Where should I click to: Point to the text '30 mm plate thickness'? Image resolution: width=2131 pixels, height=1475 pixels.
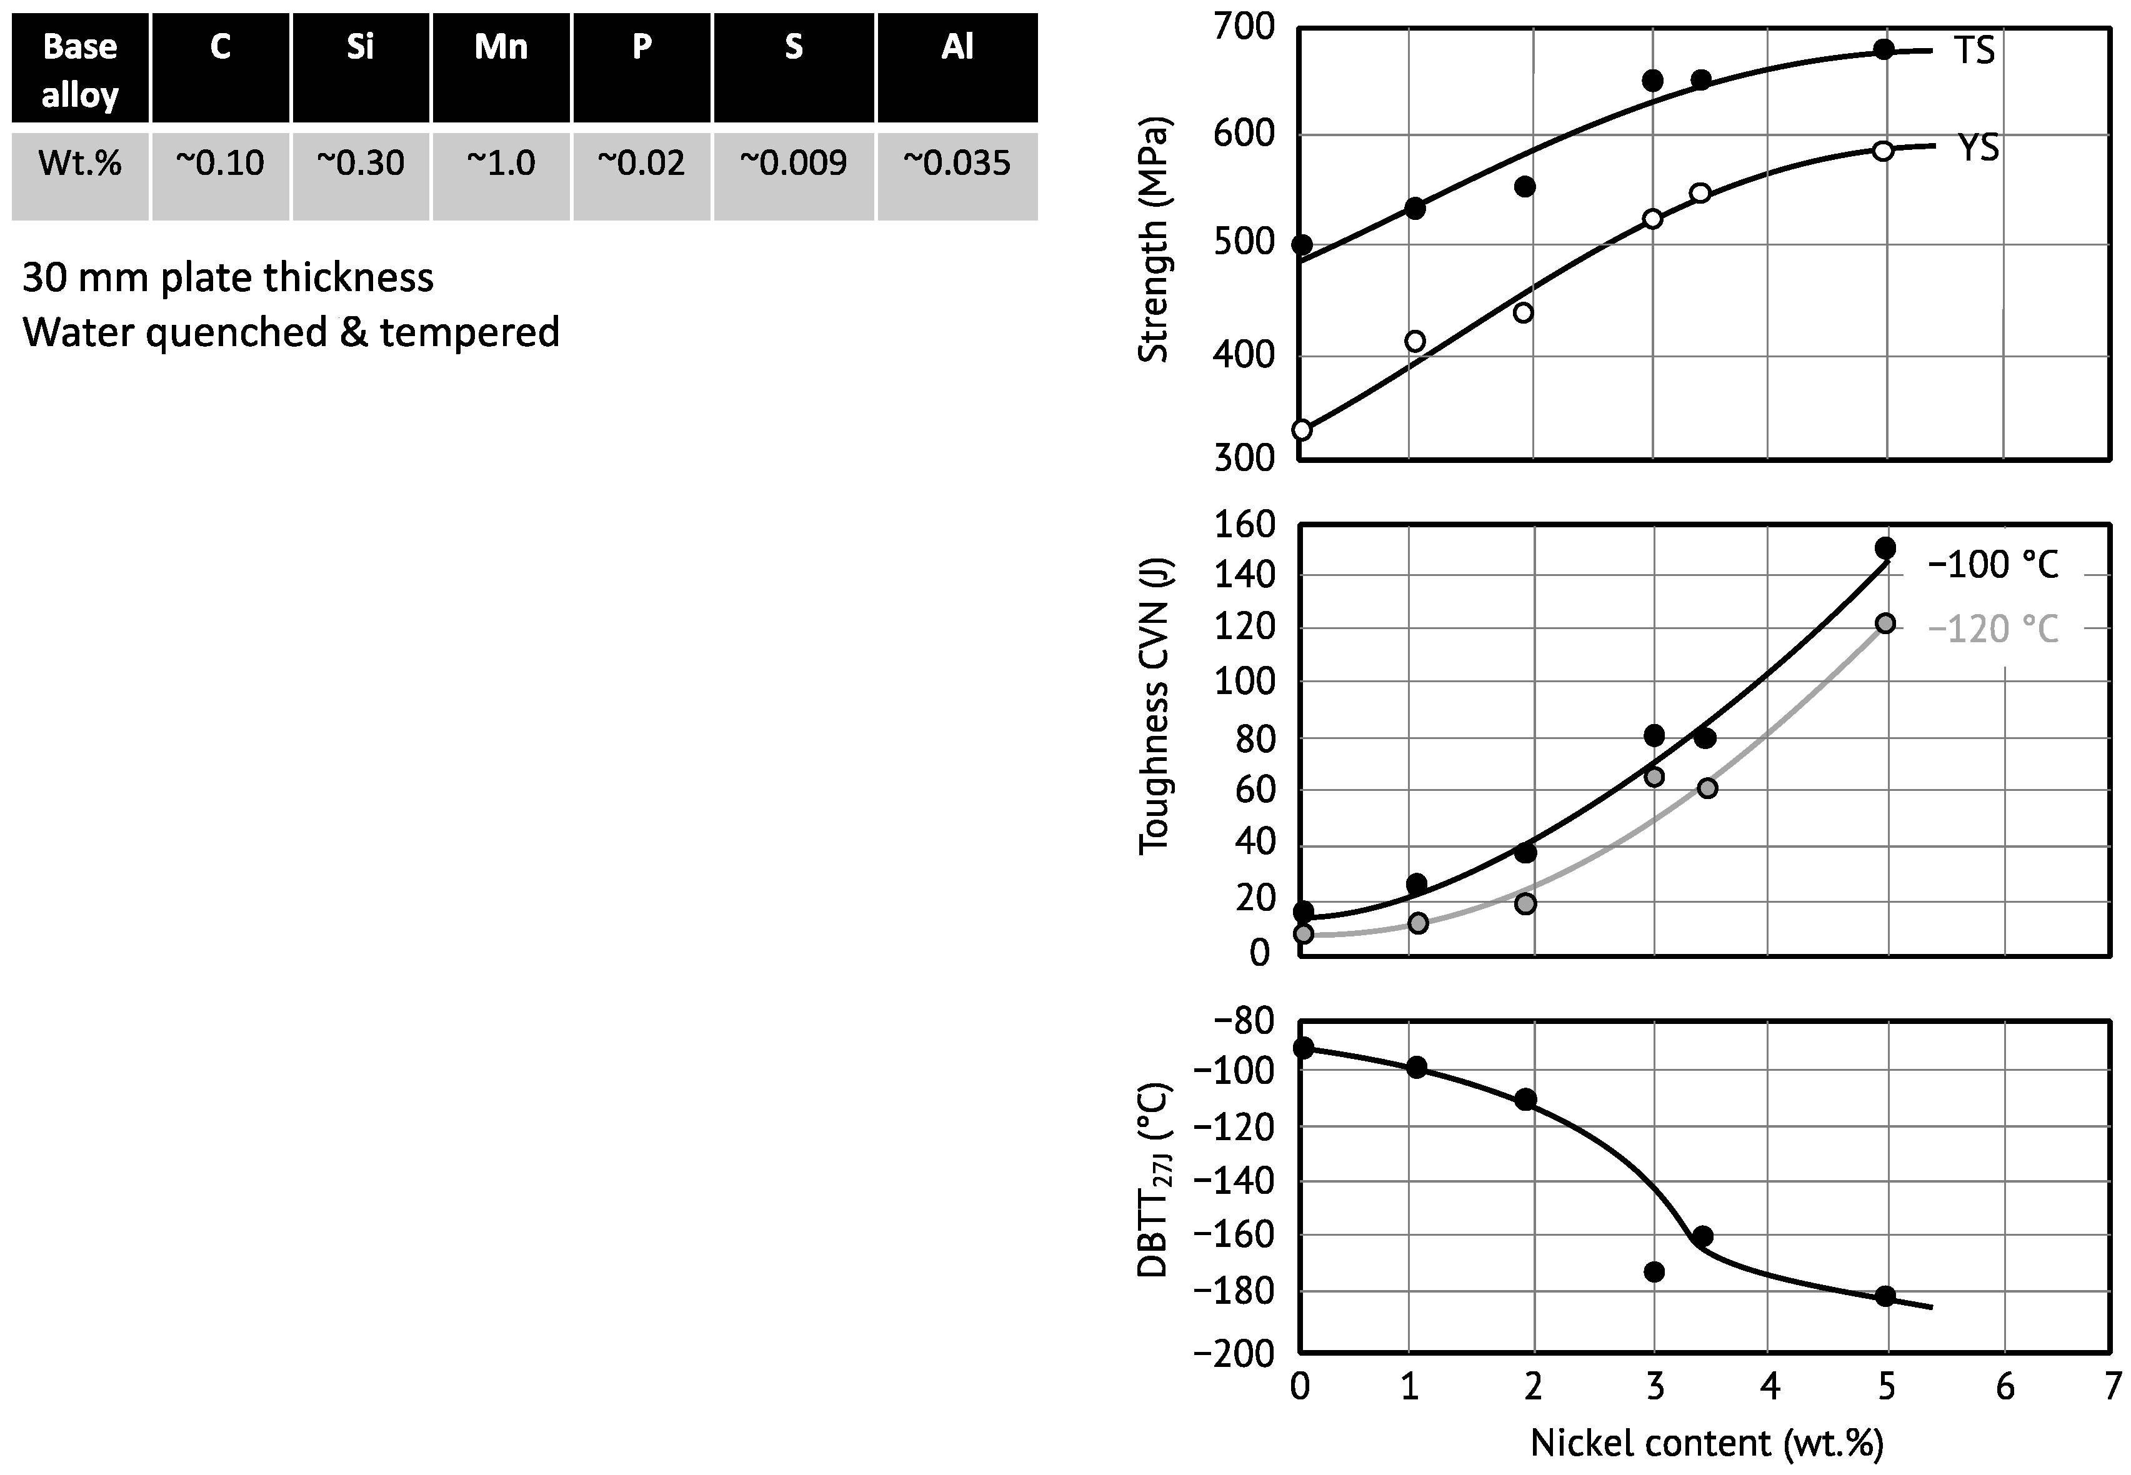pyautogui.click(x=227, y=277)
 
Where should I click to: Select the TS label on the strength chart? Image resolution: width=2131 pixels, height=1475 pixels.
pyautogui.click(x=1975, y=51)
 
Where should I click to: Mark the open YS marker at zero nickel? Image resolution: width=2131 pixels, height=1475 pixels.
pyautogui.click(x=1302, y=430)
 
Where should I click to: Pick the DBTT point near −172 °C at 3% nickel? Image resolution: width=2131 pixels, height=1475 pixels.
pyautogui.click(x=1655, y=1272)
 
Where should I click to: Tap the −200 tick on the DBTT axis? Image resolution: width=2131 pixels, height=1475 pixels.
pyautogui.click(x=1234, y=1354)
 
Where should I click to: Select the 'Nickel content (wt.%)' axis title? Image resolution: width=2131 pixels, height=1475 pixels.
pyautogui.click(x=1707, y=1443)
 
